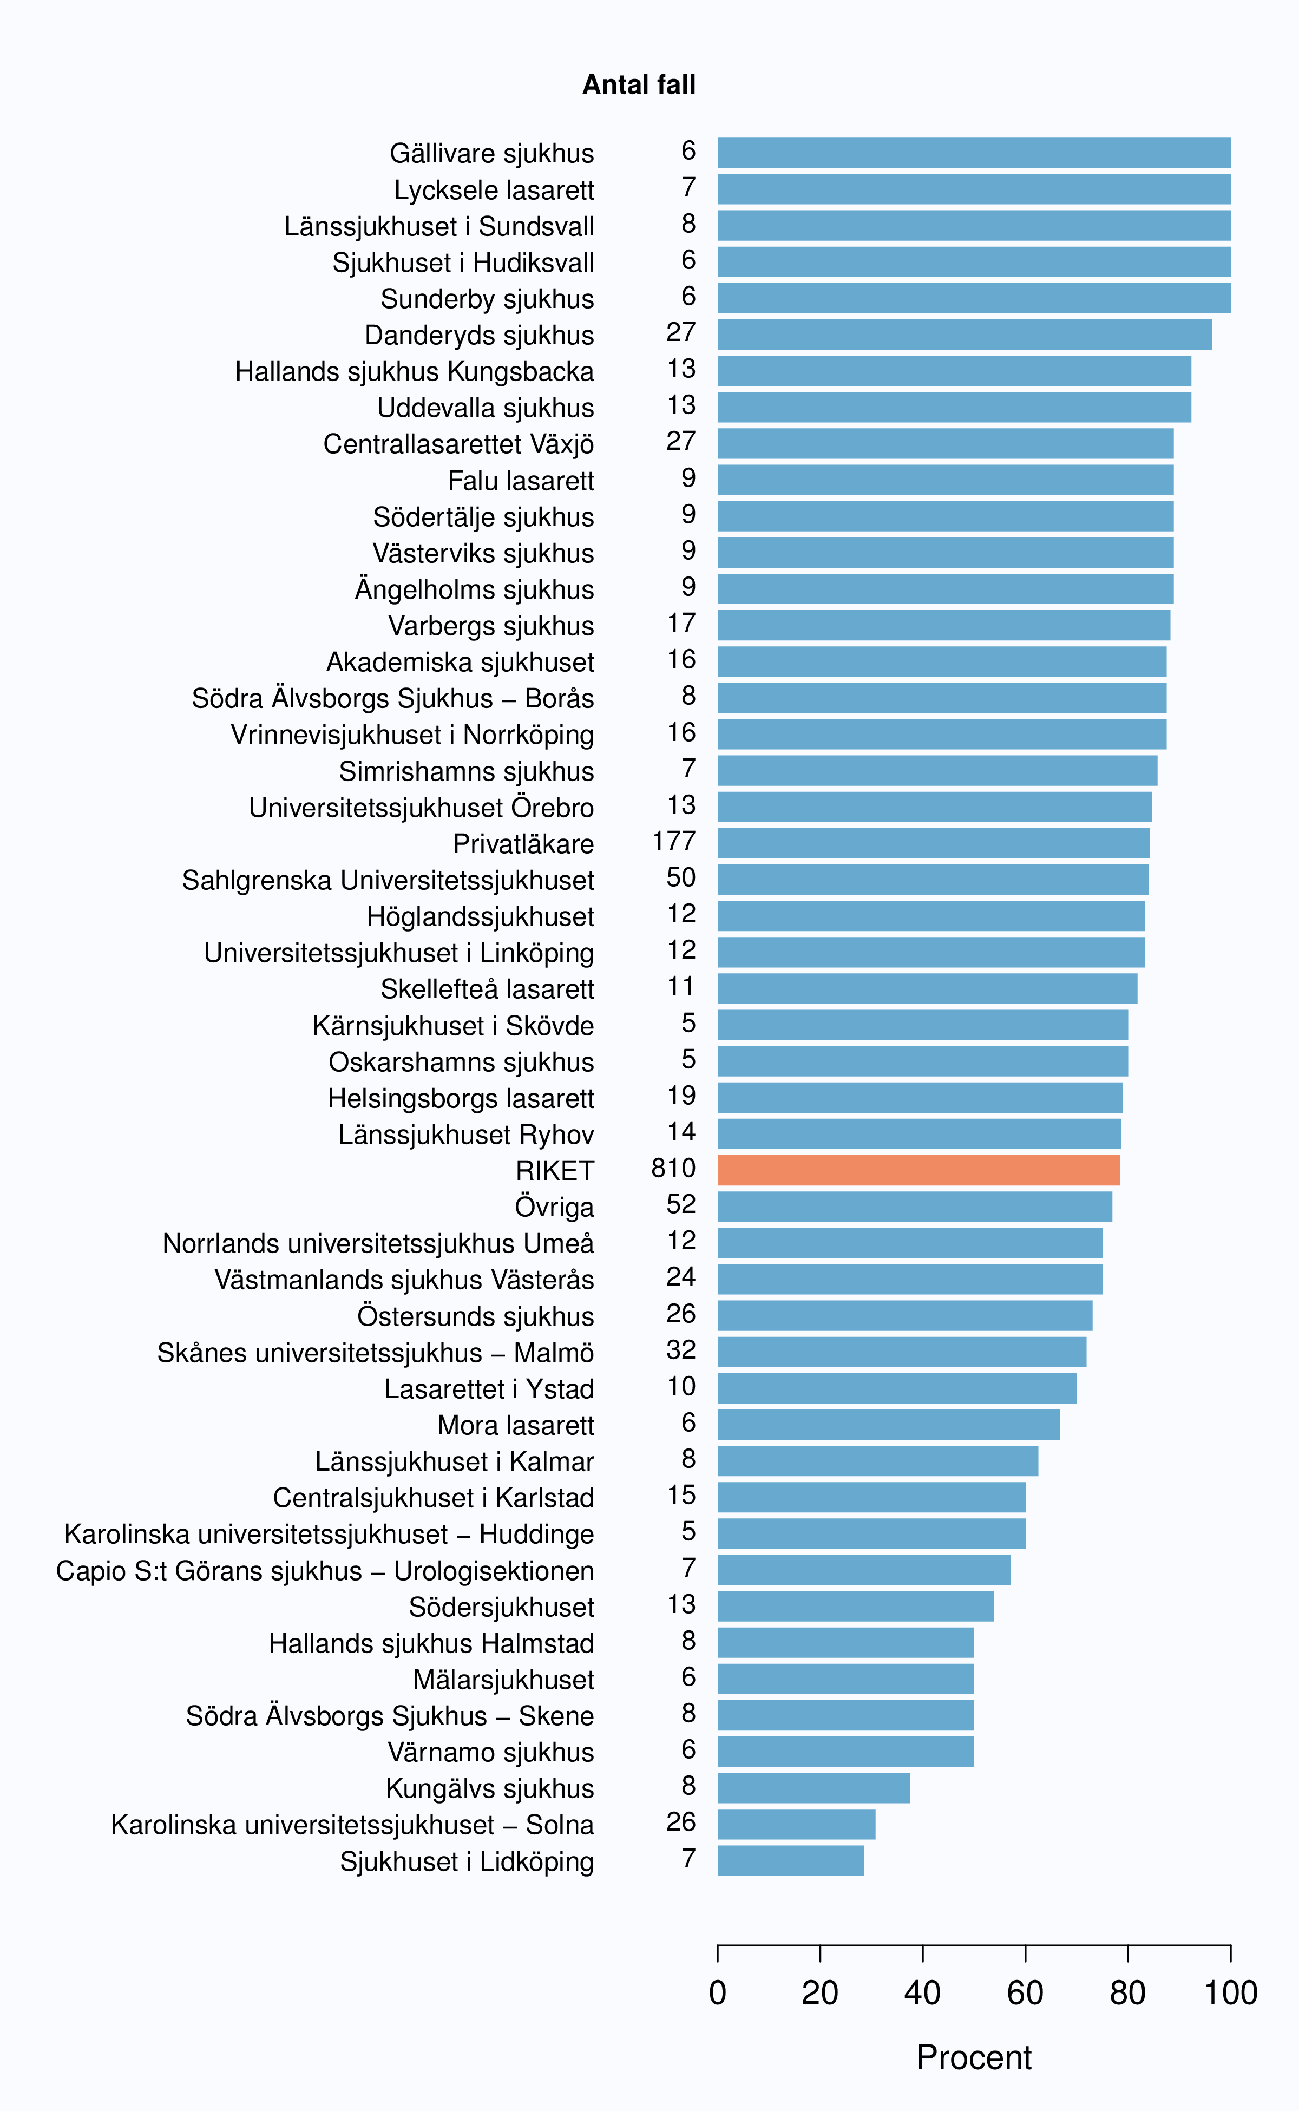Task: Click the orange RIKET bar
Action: click(x=919, y=1170)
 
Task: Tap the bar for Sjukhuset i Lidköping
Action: click(x=790, y=1860)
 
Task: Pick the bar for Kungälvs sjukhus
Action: click(x=813, y=1788)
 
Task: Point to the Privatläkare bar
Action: click(x=933, y=843)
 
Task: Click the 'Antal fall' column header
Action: click(x=639, y=84)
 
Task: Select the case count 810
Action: click(x=673, y=1169)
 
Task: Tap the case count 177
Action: click(x=673, y=841)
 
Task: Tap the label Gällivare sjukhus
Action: click(x=491, y=154)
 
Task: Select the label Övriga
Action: click(x=554, y=1207)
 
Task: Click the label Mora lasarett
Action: click(x=515, y=1425)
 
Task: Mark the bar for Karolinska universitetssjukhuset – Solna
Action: click(x=796, y=1824)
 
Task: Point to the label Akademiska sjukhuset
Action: click(x=460, y=663)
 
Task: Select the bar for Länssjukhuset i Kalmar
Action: click(x=878, y=1460)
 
